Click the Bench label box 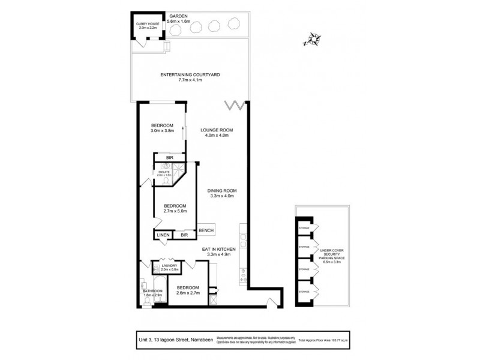coord(206,230)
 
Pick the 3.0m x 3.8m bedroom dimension coord(162,130)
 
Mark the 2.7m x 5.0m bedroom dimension coord(176,211)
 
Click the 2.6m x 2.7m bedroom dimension coord(187,293)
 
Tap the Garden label coord(179,16)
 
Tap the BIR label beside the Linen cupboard coord(184,235)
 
